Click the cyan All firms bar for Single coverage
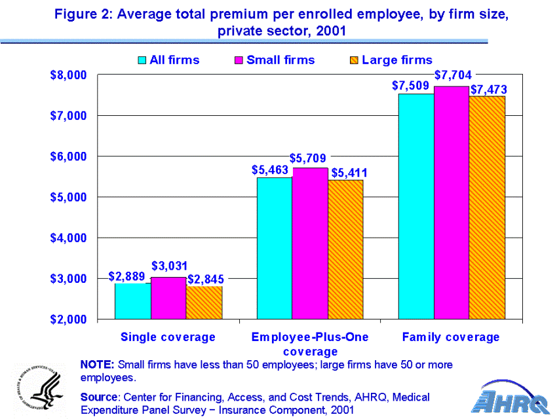(133, 301)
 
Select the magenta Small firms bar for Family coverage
(452, 202)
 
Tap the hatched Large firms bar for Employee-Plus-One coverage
(345, 249)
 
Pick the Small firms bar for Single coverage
(168, 298)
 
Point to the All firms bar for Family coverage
(416, 206)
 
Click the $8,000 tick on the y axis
(68, 75)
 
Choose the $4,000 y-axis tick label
(68, 238)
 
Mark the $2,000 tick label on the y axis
(68, 319)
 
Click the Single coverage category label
(168, 337)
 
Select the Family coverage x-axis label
(451, 337)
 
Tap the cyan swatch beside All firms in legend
(142, 60)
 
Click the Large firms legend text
(397, 60)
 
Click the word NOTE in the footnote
(97, 365)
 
